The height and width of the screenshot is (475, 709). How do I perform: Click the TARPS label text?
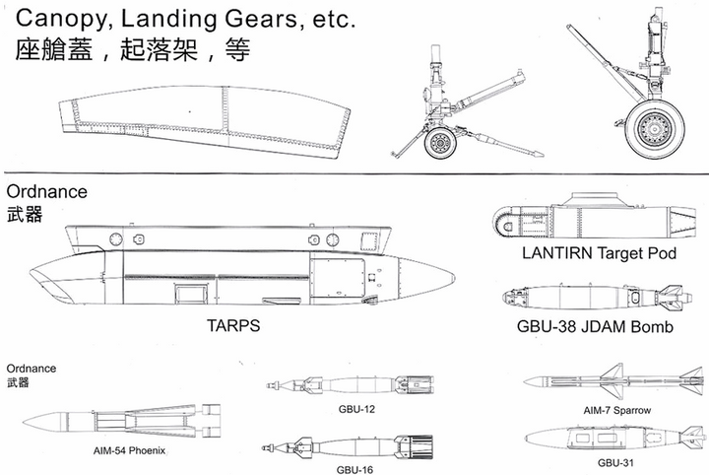(233, 326)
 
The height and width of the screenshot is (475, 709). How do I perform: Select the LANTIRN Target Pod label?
(599, 253)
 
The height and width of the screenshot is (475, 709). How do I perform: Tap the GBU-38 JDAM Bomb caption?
(595, 326)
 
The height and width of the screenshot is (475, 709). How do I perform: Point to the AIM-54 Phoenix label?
(129, 450)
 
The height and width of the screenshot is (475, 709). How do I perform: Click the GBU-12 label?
(356, 409)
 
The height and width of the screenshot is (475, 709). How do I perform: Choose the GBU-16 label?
(354, 470)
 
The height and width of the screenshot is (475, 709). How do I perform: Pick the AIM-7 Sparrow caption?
(616, 410)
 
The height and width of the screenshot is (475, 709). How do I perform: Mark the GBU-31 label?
(615, 463)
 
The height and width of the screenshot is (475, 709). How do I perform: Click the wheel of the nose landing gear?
(440, 144)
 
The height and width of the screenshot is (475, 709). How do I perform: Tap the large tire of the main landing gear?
(654, 128)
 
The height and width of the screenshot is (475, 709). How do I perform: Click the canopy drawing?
(205, 121)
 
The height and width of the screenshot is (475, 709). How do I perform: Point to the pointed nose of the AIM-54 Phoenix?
(24, 423)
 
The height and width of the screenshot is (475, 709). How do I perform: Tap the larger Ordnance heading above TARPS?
(47, 192)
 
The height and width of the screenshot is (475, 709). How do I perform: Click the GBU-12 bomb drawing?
(350, 384)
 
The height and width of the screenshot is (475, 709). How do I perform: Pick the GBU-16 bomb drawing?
(348, 447)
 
